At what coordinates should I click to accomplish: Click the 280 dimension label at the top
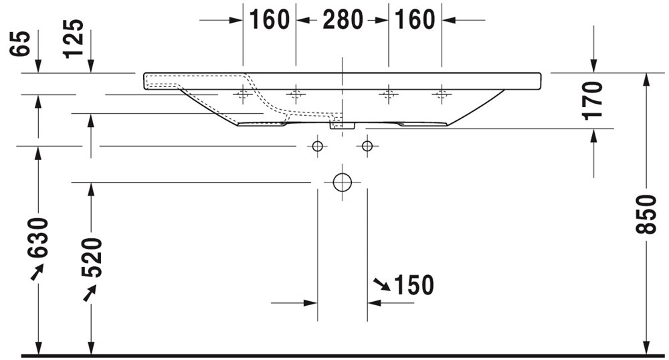point(343,19)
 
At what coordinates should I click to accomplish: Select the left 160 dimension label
point(269,19)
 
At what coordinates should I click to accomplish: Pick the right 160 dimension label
point(415,19)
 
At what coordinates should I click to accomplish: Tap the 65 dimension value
point(20,43)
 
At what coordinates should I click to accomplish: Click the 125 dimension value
point(73,38)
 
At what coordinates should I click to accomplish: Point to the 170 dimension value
point(592,100)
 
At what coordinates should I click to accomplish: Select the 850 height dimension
point(646,214)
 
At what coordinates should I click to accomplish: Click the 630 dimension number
point(37,238)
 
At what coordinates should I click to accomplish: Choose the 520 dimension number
point(92,258)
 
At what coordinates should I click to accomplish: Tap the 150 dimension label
point(414,285)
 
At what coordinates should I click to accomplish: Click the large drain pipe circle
point(342,183)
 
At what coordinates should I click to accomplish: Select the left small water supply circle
point(317,147)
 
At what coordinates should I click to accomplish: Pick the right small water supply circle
point(367,147)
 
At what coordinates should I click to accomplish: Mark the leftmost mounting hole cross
point(243,94)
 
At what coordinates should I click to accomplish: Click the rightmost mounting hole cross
point(442,94)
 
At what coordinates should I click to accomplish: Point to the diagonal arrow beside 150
point(382,284)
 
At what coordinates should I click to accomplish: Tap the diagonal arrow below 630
point(37,272)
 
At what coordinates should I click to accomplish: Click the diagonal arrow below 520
point(90,292)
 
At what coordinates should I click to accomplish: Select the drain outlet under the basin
point(342,125)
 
